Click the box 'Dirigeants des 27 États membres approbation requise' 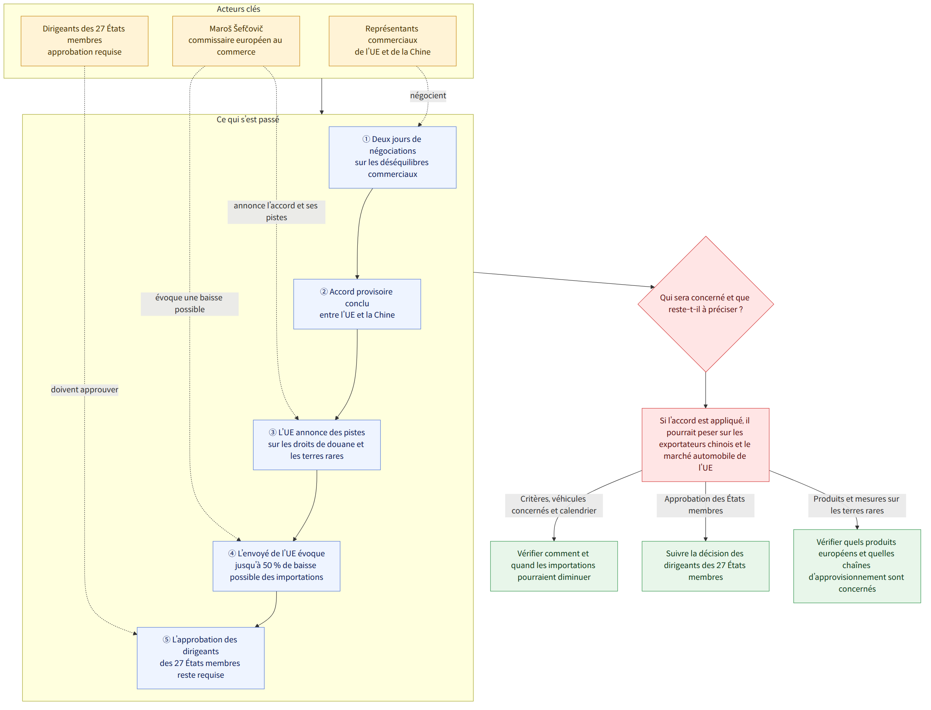click(x=85, y=41)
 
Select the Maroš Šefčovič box click(x=236, y=41)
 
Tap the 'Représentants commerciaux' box click(x=393, y=41)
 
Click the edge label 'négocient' click(x=428, y=96)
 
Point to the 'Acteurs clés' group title click(x=238, y=9)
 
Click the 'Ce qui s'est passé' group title click(x=248, y=120)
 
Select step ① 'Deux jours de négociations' click(x=393, y=157)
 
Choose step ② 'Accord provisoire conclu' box click(x=357, y=304)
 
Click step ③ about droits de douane click(x=317, y=445)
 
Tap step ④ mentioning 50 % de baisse click(x=276, y=566)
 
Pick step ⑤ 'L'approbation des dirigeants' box click(x=201, y=658)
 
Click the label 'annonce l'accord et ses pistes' click(x=276, y=212)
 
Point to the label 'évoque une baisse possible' click(x=190, y=304)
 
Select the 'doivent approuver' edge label click(x=85, y=390)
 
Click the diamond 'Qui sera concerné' click(x=706, y=304)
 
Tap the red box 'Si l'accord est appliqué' click(x=706, y=445)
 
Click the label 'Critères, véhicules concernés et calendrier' click(x=554, y=505)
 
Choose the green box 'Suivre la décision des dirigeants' click(x=706, y=566)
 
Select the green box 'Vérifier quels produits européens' click(x=857, y=566)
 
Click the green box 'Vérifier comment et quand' click(x=554, y=566)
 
